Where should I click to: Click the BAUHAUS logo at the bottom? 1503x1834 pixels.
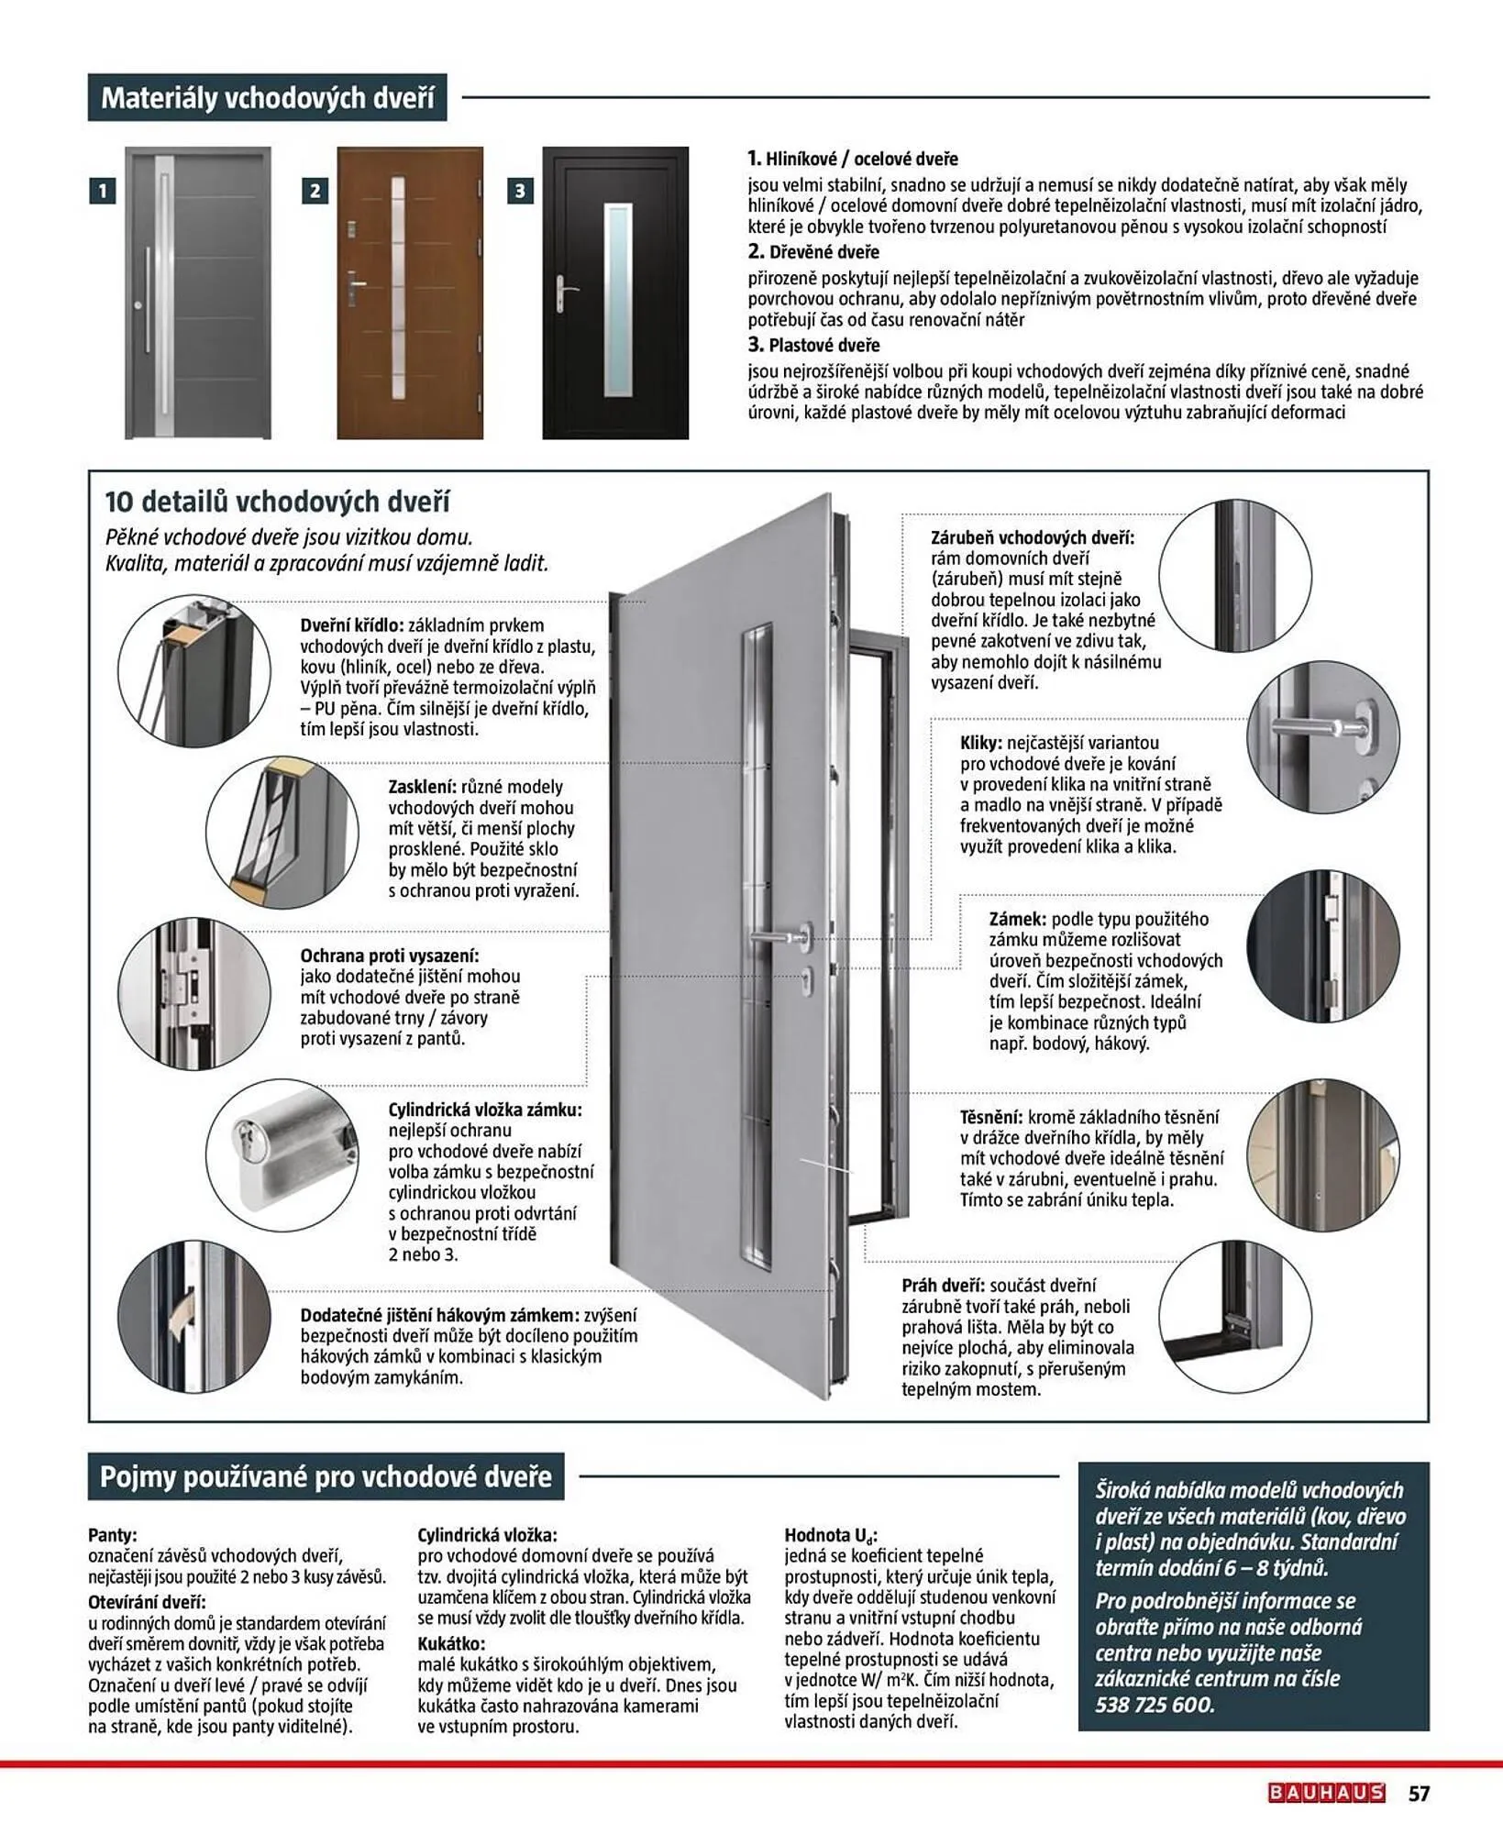click(x=1326, y=1792)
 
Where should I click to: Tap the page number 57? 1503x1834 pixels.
click(x=1419, y=1792)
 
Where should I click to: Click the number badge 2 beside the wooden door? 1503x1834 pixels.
click(x=315, y=191)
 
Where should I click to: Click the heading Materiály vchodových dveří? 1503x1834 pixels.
click(x=267, y=97)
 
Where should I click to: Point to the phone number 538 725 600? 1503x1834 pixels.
click(x=1155, y=1704)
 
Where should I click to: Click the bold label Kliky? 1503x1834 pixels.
click(x=982, y=743)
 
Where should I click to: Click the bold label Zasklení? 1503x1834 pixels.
click(x=422, y=786)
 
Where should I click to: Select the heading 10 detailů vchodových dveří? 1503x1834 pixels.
click(x=277, y=502)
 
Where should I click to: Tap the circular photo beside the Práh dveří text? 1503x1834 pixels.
click(x=1234, y=1316)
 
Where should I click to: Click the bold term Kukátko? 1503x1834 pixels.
click(x=451, y=1643)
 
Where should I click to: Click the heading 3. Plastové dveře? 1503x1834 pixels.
click(x=813, y=346)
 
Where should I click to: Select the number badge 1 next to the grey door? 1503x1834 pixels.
click(x=103, y=191)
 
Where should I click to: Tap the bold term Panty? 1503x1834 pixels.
click(x=112, y=1534)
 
